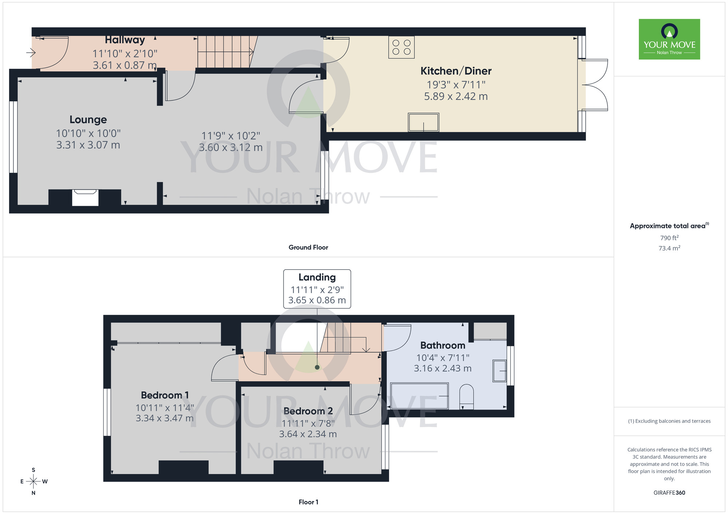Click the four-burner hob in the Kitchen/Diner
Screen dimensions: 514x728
401,47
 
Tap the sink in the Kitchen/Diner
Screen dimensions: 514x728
423,122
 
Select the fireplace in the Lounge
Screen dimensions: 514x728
85,197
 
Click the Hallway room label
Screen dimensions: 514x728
125,40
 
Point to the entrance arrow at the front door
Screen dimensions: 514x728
31,53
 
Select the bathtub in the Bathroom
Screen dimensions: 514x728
419,396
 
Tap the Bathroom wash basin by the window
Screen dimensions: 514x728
500,371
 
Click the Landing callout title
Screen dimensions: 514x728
317,277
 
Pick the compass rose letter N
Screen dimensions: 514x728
33,493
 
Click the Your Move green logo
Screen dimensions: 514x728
669,39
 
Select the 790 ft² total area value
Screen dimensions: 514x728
669,238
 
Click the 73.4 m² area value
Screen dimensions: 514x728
669,248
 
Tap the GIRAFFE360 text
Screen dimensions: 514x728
669,493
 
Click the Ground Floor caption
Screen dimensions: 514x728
308,248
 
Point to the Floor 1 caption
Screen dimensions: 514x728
308,502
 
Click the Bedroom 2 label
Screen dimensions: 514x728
308,411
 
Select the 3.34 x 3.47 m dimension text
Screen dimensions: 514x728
165,418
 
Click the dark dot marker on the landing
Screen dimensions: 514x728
317,367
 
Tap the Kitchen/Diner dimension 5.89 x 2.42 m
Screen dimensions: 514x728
456,96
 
